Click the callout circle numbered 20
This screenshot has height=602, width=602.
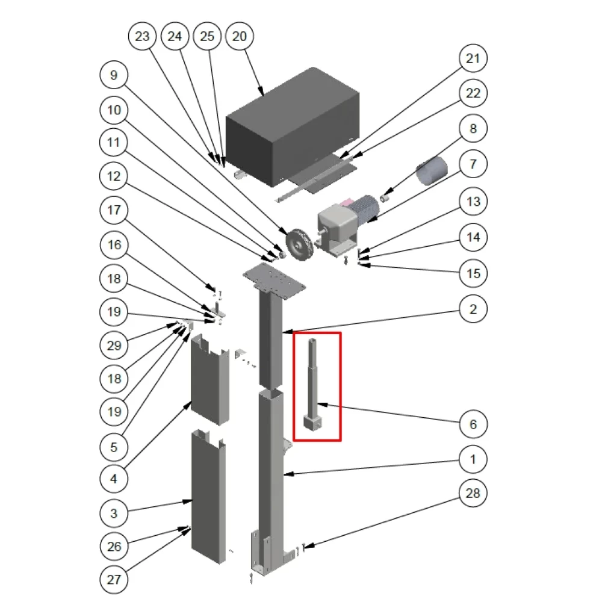point(240,37)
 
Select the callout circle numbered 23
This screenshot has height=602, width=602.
point(142,37)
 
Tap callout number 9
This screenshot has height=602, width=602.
point(114,75)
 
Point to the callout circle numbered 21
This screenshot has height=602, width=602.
point(473,58)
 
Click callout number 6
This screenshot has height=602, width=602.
point(473,424)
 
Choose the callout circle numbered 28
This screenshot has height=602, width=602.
point(473,493)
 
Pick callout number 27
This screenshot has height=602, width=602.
point(114,579)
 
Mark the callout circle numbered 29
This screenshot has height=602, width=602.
point(114,346)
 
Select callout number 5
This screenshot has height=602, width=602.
point(114,447)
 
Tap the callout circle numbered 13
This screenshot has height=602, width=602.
point(473,202)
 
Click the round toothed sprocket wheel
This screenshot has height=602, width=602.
point(299,244)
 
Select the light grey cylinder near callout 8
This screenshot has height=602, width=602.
point(432,170)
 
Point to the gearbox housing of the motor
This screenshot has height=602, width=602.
point(335,228)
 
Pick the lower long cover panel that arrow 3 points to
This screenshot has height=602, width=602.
point(208,497)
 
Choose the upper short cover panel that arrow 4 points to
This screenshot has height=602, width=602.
point(209,379)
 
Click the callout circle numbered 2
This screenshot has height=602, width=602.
point(473,309)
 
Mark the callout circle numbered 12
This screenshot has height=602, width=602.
point(114,176)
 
